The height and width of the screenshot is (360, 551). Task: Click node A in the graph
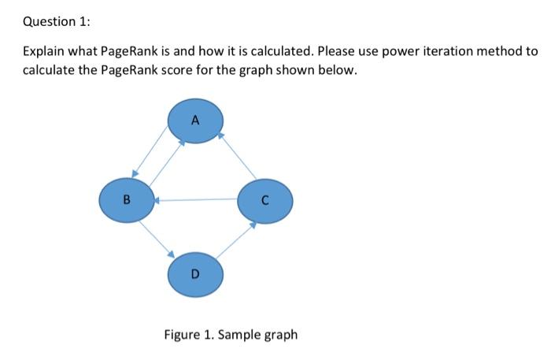click(x=196, y=121)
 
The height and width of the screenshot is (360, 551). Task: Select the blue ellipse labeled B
click(x=126, y=199)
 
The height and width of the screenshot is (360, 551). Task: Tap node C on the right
click(x=266, y=199)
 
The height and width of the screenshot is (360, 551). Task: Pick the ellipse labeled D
click(x=196, y=273)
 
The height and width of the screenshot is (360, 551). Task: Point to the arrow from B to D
click(x=157, y=236)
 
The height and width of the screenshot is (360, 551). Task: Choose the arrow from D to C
click(x=235, y=239)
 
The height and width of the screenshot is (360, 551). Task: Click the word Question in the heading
click(x=47, y=22)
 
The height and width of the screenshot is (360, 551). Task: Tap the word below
click(x=340, y=70)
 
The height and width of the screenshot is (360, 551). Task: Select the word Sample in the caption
click(x=239, y=334)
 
